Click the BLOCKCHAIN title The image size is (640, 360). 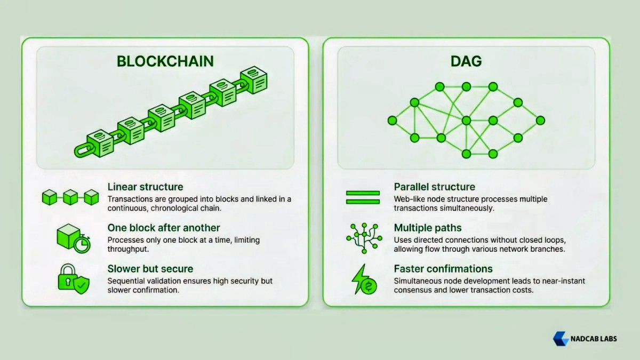point(165,61)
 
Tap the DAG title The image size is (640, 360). point(466,61)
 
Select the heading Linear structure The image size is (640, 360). point(145,187)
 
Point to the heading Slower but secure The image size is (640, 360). point(150,268)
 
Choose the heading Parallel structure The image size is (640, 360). point(434,187)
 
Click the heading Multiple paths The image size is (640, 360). point(427,228)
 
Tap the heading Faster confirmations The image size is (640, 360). point(443,268)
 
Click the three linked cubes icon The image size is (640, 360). point(70,197)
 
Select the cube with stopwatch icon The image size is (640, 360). point(73,238)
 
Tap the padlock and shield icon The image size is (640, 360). point(73,279)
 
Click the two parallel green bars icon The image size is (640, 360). point(363,197)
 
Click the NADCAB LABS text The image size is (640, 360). point(594,339)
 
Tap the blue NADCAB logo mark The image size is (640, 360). point(561,339)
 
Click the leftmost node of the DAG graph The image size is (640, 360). point(392,121)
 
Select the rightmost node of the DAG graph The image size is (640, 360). point(540,121)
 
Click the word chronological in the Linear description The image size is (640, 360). point(209,208)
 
